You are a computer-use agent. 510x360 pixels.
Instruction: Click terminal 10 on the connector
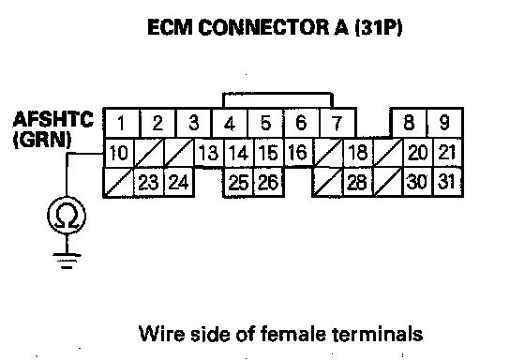coord(119,153)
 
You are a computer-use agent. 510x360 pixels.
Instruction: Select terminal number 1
coord(122,123)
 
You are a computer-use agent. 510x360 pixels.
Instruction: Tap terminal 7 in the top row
coord(337,123)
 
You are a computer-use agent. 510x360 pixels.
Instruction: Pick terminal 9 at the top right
coord(444,123)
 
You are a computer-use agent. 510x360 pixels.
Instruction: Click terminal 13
coord(209,153)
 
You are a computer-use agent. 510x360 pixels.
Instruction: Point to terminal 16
coord(298,153)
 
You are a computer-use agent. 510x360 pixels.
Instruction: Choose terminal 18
coord(358,153)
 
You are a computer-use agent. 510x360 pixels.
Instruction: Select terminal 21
coord(448,153)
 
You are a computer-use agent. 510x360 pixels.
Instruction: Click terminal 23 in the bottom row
coord(149,182)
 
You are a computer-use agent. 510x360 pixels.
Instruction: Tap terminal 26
coord(269,182)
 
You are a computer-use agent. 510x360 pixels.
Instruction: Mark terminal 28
coord(358,182)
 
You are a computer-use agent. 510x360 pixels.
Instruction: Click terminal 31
coord(448,182)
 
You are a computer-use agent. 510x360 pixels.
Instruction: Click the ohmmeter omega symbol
coord(67,216)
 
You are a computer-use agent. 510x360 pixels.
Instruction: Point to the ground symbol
coord(67,261)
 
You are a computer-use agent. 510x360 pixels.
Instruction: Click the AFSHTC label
coord(53,119)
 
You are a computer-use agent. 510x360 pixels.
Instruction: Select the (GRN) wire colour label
coord(42,141)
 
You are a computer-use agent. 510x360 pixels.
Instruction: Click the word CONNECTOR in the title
coord(263,27)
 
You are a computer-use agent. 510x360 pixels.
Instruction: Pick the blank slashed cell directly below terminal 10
coord(119,182)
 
